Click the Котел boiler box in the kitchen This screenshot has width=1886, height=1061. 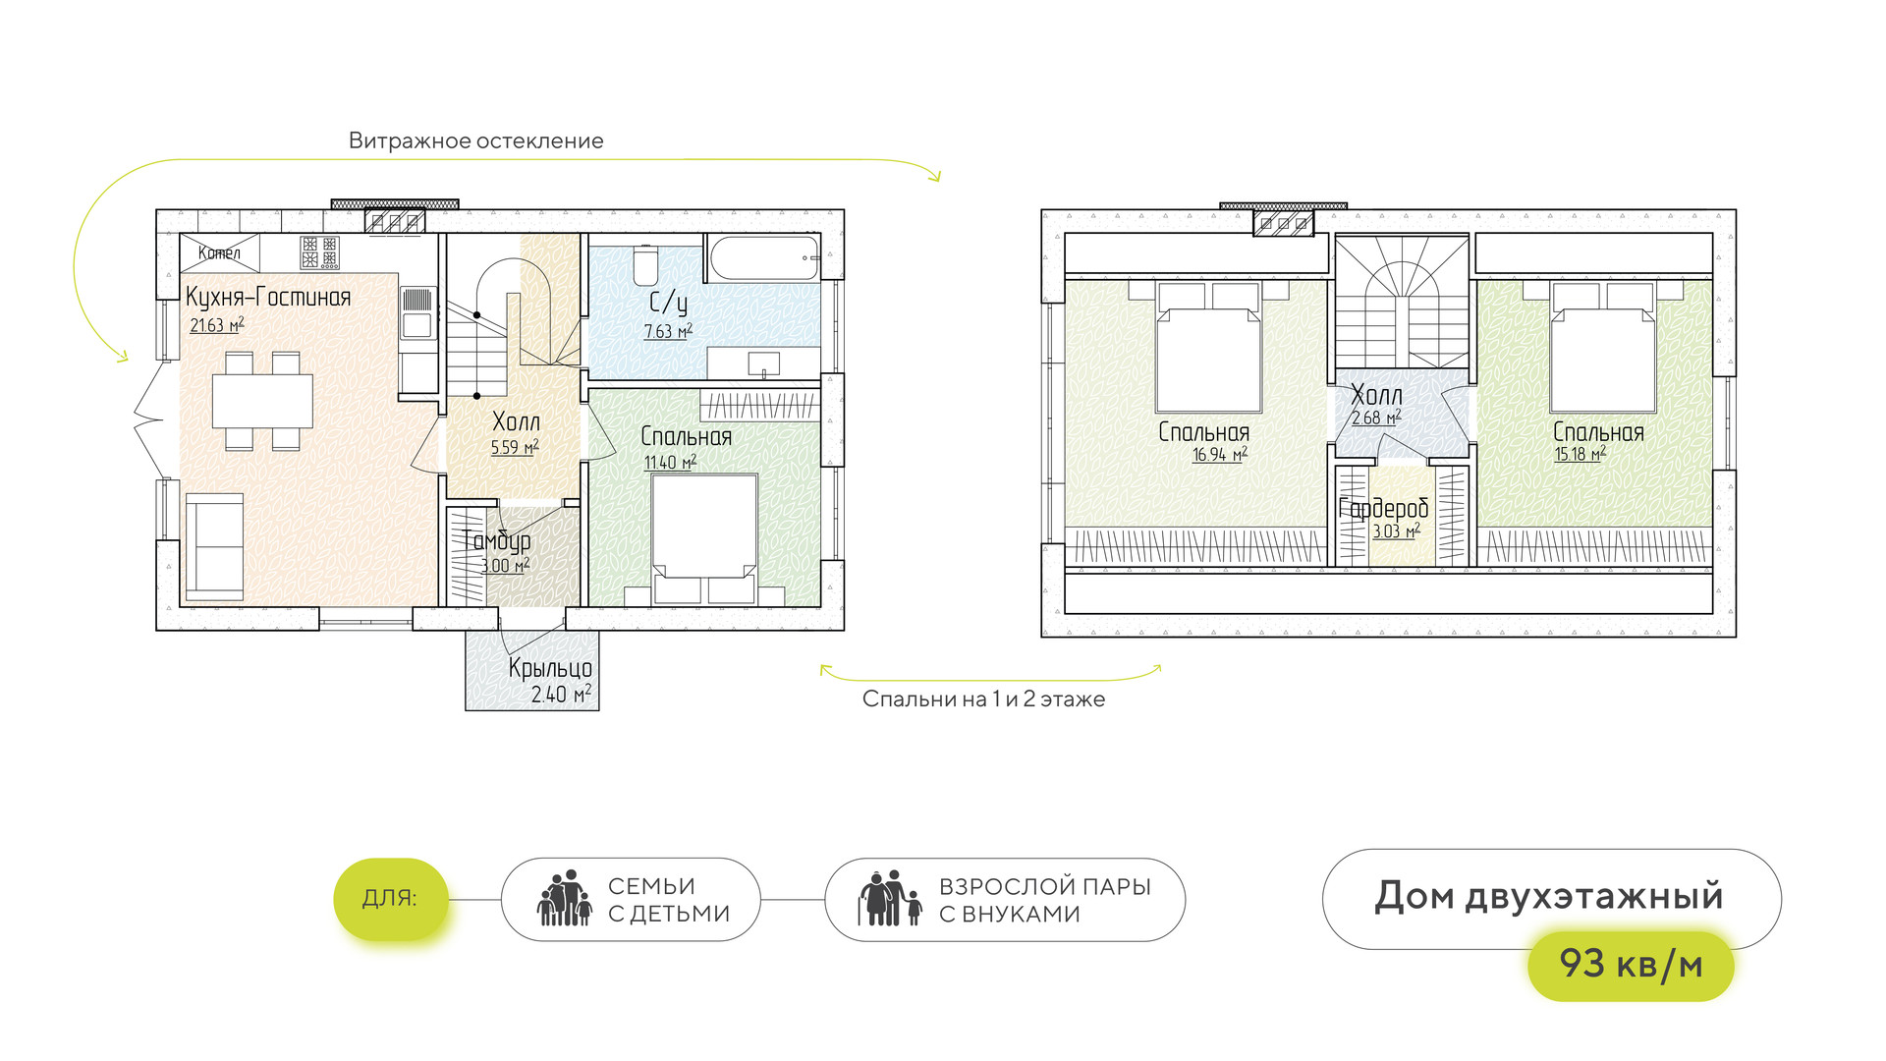click(220, 252)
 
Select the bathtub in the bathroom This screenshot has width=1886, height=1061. click(762, 256)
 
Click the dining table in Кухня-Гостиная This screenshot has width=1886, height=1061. click(262, 401)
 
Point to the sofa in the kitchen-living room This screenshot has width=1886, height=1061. click(214, 546)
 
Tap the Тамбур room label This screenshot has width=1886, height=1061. click(497, 540)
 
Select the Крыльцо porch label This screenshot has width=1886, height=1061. click(550, 668)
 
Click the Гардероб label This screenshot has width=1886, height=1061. click(1383, 509)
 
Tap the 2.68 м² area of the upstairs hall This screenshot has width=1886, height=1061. click(1375, 419)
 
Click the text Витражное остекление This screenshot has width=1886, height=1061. click(476, 140)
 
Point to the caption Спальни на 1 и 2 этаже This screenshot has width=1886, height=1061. click(983, 699)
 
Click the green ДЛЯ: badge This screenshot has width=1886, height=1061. click(391, 898)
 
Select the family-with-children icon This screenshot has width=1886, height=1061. click(565, 899)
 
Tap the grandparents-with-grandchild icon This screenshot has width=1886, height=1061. click(890, 899)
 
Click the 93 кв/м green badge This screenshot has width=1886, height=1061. click(1631, 965)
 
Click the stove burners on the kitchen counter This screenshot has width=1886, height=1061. click(319, 251)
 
